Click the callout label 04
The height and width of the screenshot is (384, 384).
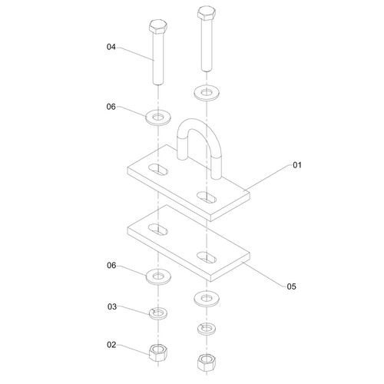pos(111,47)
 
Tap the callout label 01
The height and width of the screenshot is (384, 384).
pos(297,165)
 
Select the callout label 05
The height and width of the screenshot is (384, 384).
pos(291,286)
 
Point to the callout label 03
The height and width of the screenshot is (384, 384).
pos(112,306)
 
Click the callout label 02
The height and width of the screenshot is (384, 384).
pos(111,345)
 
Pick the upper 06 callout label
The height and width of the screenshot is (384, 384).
pos(111,107)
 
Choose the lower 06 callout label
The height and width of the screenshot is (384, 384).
pos(111,266)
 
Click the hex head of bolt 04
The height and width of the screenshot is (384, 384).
pos(158,27)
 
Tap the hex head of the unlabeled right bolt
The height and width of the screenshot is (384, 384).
pos(207,13)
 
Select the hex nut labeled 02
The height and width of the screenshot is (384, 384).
pos(158,353)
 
